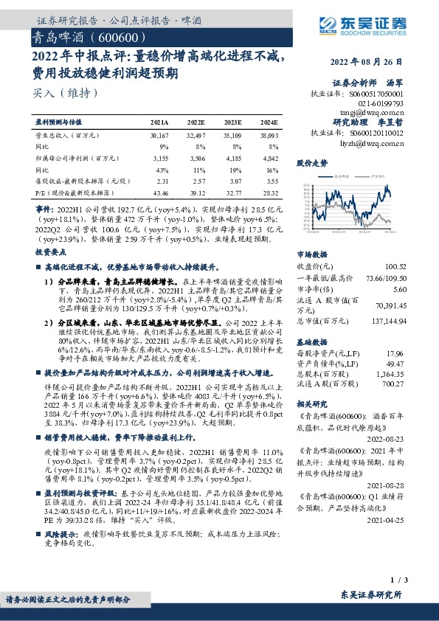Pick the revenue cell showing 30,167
point(159,136)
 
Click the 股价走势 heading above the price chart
point(311,162)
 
